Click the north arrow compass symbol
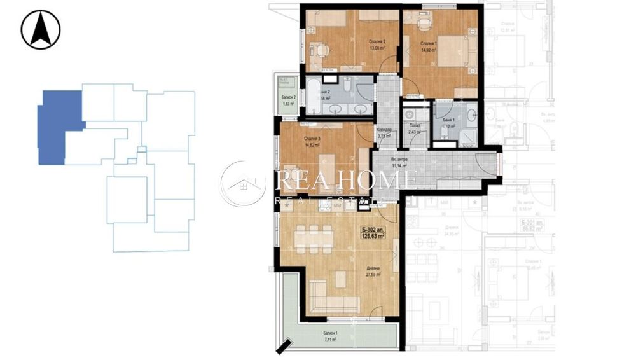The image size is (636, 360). [40, 29]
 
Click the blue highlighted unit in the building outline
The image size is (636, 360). [59, 127]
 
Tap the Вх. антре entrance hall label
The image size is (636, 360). [399, 159]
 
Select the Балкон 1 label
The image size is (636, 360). [328, 334]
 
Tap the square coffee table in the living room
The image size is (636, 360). [341, 279]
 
